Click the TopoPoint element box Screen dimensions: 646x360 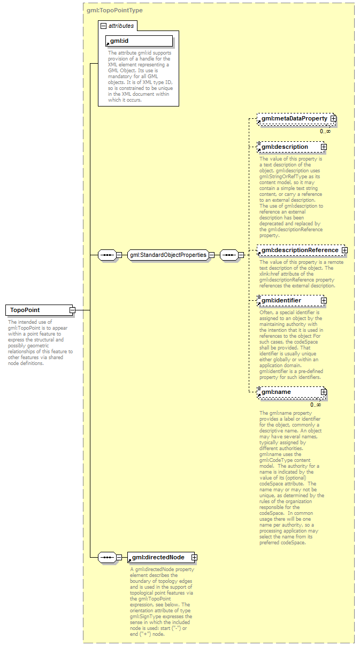[38, 310]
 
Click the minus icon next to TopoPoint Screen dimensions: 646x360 [72, 310]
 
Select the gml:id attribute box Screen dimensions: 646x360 [139, 41]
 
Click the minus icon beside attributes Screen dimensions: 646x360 [104, 25]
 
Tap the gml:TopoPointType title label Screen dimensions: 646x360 [114, 10]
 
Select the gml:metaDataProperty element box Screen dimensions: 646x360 [293, 118]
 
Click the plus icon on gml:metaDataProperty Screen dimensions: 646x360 [333, 118]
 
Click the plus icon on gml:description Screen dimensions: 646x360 [323, 147]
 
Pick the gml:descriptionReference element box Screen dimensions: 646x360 [298, 250]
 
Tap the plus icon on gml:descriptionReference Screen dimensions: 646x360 [344, 250]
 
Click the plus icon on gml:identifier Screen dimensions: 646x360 [323, 301]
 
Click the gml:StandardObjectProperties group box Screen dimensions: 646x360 [168, 255]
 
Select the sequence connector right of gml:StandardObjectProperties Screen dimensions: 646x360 [229, 255]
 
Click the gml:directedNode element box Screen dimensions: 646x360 [159, 557]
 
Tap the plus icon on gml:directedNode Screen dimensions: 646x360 [194, 557]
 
